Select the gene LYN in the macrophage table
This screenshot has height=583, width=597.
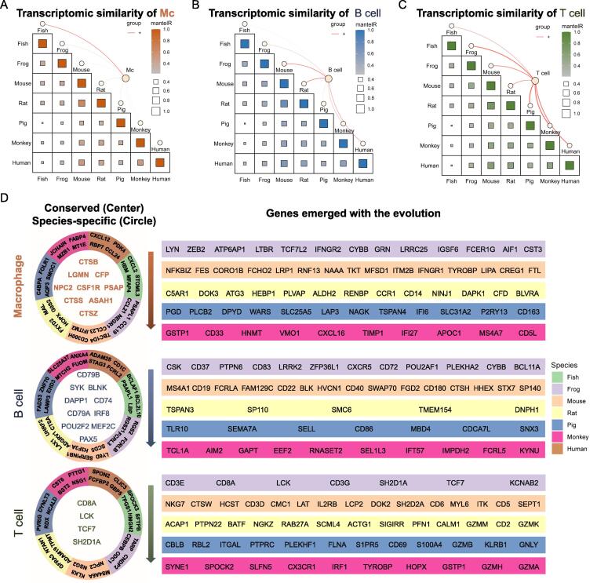(173, 249)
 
